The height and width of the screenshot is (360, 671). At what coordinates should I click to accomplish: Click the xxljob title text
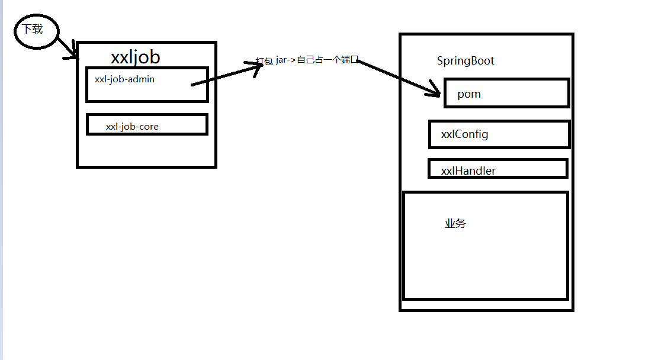[135, 57]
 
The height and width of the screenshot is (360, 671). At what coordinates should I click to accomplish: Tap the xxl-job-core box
[147, 124]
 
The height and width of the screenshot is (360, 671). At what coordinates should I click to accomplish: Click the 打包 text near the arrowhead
[264, 61]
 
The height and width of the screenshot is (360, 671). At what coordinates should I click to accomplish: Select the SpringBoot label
[465, 61]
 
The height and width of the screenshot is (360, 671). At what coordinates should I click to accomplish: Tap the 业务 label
[455, 224]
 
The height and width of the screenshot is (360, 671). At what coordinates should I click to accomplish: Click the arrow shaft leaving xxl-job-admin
[225, 76]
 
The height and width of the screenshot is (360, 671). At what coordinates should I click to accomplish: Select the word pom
[468, 94]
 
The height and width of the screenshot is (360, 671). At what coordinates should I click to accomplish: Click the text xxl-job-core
[132, 126]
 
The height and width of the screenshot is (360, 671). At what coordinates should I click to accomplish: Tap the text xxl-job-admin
[124, 79]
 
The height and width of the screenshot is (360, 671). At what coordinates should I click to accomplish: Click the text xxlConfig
[464, 134]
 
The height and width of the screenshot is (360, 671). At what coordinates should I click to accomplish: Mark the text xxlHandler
[468, 171]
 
